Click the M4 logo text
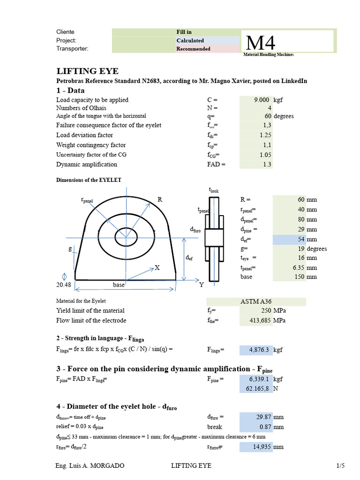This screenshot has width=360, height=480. coord(260,43)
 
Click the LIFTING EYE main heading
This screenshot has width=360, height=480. coord(88,71)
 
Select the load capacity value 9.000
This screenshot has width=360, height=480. coord(261,100)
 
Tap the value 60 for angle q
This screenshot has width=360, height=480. coord(268,116)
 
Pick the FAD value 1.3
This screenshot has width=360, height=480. coord(267,165)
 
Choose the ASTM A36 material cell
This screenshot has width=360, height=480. coord(255,301)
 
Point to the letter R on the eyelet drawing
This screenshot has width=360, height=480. coord(160,199)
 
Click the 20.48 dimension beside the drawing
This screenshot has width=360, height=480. coord(64,285)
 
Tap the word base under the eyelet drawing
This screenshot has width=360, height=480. coord(119,285)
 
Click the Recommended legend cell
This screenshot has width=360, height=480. coord(193,49)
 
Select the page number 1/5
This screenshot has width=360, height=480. coord(340,466)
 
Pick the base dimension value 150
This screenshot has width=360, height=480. coord(298,277)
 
